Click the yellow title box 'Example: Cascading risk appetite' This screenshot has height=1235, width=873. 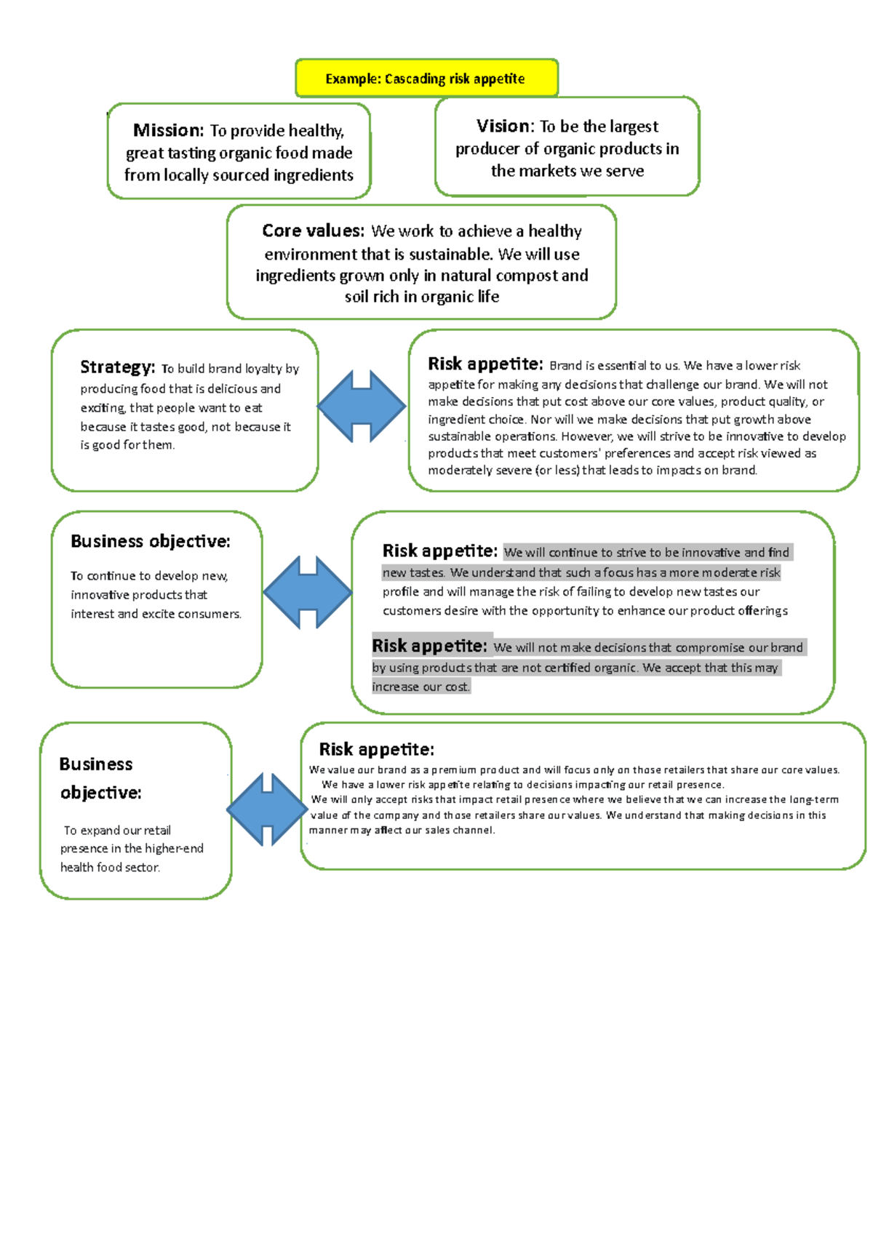[x=426, y=79]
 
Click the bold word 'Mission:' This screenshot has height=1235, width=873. [x=168, y=130]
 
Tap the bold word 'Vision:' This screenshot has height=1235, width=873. [x=505, y=126]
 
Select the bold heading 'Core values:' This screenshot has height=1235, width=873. [x=313, y=231]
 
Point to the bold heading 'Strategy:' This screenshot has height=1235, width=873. [x=117, y=367]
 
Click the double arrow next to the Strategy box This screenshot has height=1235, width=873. [x=362, y=406]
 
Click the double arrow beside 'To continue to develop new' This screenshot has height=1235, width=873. [x=308, y=592]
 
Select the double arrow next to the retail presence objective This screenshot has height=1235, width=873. [x=267, y=809]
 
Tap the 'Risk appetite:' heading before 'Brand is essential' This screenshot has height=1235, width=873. [x=485, y=364]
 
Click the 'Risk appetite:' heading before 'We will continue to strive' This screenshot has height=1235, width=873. [x=439, y=551]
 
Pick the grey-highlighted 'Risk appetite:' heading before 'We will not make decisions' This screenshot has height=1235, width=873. [x=429, y=646]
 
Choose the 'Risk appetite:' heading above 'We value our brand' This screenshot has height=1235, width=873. [x=376, y=749]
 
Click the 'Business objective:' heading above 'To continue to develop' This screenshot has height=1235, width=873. [x=150, y=541]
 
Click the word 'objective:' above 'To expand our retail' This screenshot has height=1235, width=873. [x=100, y=792]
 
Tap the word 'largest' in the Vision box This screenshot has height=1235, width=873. [x=634, y=127]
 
